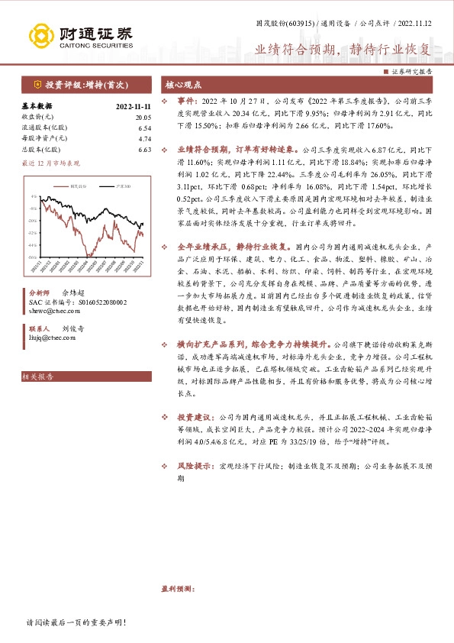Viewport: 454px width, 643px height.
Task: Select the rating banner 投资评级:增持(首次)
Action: (x=85, y=85)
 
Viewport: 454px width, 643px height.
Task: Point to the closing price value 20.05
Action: (x=143, y=117)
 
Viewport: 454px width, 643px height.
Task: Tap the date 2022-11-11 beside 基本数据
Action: (x=133, y=106)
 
